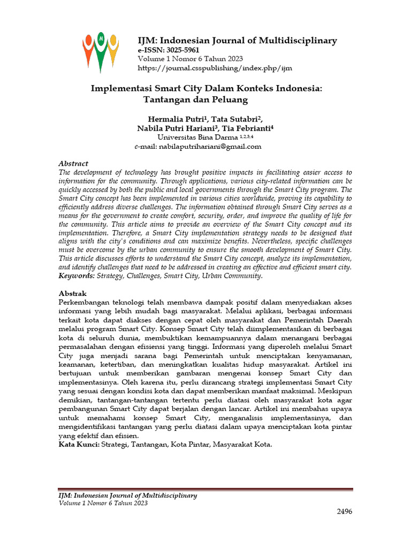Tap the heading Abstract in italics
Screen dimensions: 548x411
73,163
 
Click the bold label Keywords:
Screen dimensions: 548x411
76,276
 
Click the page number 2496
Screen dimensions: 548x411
345,512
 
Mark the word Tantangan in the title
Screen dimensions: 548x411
168,99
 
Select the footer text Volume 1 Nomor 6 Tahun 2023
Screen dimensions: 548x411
103,503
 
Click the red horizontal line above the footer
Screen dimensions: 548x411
205,489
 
